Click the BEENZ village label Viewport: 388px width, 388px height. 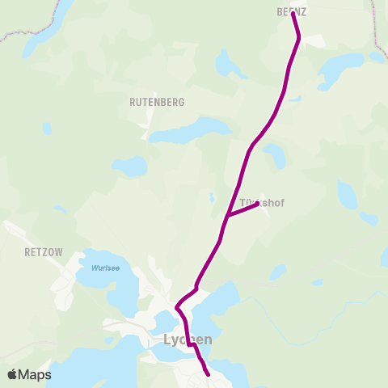coord(292,11)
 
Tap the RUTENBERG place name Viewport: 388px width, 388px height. coord(157,103)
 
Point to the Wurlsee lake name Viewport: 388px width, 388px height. coord(105,268)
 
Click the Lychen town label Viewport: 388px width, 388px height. coord(188,339)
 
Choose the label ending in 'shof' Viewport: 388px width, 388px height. coord(263,202)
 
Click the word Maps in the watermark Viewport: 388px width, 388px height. coord(36,374)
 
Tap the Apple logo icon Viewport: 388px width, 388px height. coord(13,374)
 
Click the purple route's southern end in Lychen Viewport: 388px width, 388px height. coord(209,374)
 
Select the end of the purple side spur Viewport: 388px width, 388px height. coord(257,205)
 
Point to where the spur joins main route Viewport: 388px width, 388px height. coord(227,217)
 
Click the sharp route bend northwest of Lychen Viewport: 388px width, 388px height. coord(177,307)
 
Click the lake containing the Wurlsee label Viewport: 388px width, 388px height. coord(101,276)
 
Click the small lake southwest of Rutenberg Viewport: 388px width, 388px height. coord(129,167)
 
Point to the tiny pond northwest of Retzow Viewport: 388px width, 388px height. coord(59,210)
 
